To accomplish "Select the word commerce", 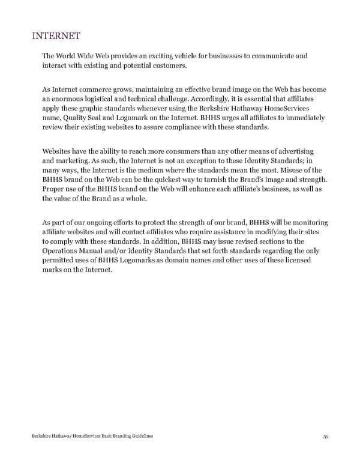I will [97, 91].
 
